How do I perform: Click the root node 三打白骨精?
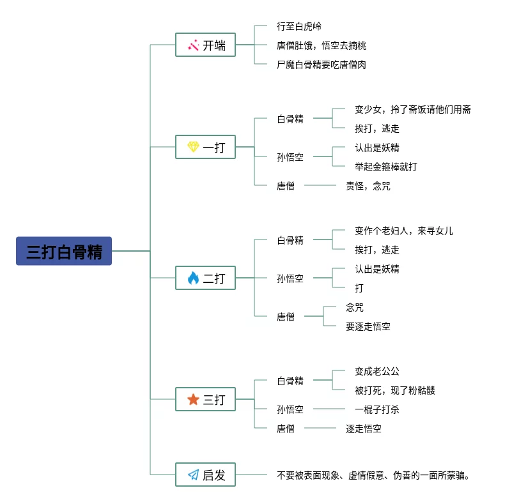point(64,251)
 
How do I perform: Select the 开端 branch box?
point(205,45)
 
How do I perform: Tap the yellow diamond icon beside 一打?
point(193,147)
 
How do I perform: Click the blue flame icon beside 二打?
point(193,278)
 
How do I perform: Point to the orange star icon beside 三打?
point(193,399)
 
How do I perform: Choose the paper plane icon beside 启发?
point(193,475)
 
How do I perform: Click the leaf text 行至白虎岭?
point(299,26)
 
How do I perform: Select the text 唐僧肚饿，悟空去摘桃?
point(322,45)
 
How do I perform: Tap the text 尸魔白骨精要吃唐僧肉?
point(322,65)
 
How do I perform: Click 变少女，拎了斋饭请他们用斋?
point(413,109)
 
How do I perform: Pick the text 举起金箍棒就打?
point(386,167)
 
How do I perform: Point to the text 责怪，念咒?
point(368,186)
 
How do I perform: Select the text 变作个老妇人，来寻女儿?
point(404,231)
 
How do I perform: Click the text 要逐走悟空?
point(368,326)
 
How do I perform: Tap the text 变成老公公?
point(377,371)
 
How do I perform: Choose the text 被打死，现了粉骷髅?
point(395,390)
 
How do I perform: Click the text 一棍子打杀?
point(377,409)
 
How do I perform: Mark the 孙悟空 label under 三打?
point(290,409)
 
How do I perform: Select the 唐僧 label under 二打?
point(286,316)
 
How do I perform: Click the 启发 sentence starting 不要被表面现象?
point(374,475)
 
